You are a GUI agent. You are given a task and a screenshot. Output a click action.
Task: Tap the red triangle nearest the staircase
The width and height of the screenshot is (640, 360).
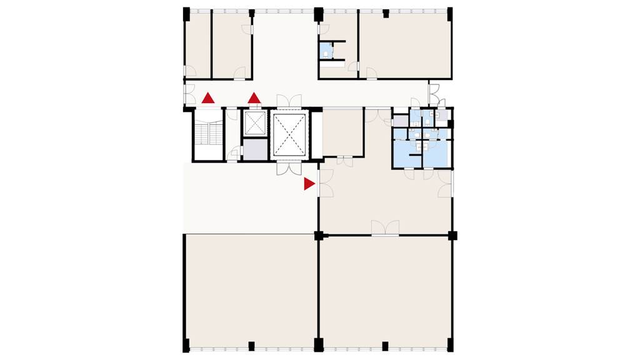(x=208, y=98)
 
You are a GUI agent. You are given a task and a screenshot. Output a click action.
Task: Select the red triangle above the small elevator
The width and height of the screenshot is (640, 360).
(x=254, y=98)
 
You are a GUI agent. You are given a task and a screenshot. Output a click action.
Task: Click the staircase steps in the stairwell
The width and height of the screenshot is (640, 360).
(x=209, y=134)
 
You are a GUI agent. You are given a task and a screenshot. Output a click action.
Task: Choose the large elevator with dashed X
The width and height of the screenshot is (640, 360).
(x=289, y=134)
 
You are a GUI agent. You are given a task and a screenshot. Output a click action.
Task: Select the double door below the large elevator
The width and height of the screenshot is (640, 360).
(x=289, y=167)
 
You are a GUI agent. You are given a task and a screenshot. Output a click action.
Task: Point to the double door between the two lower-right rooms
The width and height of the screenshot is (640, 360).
(x=385, y=229)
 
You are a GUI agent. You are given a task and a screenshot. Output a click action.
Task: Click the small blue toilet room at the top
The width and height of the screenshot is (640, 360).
(x=326, y=50)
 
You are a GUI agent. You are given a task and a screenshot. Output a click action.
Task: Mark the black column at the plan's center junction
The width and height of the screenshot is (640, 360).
(x=319, y=235)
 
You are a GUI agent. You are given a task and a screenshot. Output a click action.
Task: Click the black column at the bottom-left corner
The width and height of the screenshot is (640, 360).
(x=186, y=345)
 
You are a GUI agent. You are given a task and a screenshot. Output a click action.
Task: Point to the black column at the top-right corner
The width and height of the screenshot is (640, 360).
(x=449, y=13)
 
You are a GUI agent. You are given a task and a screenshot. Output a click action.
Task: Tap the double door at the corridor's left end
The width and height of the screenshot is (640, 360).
(x=187, y=94)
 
